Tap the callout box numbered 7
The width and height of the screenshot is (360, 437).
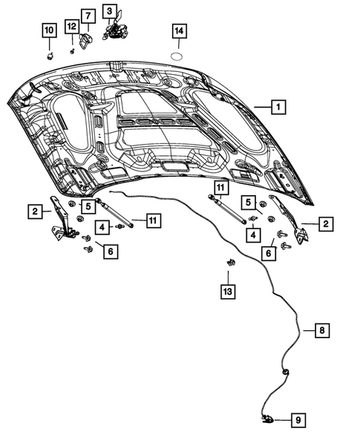click(x=87, y=15)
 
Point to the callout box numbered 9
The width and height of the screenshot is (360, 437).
click(x=297, y=420)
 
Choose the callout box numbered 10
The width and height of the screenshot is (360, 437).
click(x=49, y=30)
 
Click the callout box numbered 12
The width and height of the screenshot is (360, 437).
click(x=71, y=27)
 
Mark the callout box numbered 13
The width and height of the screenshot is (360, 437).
click(x=229, y=292)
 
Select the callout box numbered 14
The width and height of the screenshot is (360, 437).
click(x=179, y=31)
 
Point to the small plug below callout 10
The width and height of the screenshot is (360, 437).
click(x=50, y=53)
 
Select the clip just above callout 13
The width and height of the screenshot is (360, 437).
click(x=229, y=263)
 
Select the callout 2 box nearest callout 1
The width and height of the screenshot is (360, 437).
click(x=325, y=222)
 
